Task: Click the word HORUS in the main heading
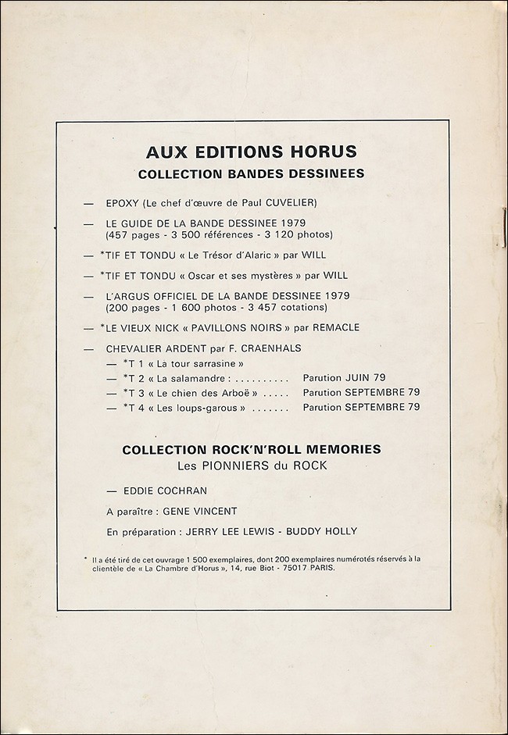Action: coord(320,152)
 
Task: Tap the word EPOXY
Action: coord(122,203)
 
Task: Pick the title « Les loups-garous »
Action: coord(202,407)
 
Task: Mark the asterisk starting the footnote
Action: coord(84,558)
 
